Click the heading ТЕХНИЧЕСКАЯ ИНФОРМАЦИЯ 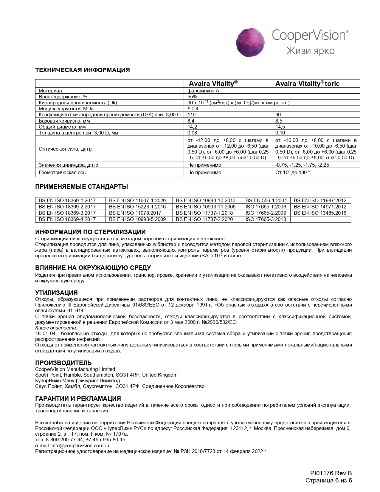coord(83,70)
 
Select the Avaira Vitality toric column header coord(307,83)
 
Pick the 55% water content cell coord(192,97)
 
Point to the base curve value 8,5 coord(279,121)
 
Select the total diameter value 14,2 coord(191,127)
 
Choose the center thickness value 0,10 coord(280,133)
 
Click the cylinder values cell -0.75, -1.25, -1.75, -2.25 coord(302,165)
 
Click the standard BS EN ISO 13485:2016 coord(320,213)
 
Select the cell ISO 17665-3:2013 coord(266,219)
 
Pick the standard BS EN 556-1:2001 coord(266,200)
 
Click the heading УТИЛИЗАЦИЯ coord(56,293)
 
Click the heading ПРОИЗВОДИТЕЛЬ coord(63,363)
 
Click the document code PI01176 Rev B coord(331,473)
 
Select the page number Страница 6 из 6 coord(329,480)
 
